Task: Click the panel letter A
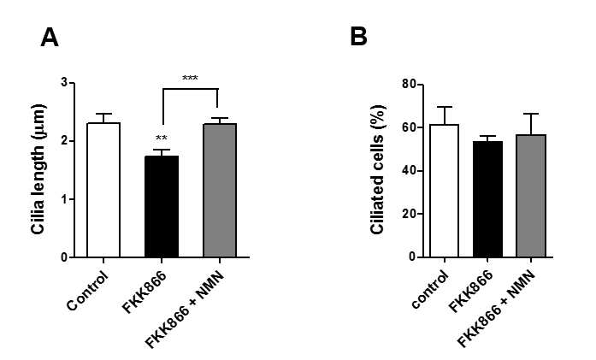pos(50,38)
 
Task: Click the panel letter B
pos(358,37)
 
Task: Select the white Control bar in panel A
pos(103,190)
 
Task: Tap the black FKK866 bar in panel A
pos(162,206)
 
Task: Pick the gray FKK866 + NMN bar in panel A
pos(220,190)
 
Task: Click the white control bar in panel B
pos(444,191)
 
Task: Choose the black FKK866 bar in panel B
pos(487,199)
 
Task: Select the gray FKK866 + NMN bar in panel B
pos(531,196)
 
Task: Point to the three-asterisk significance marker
pos(190,79)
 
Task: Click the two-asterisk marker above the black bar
pos(161,138)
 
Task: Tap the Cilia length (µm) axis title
pos(38,169)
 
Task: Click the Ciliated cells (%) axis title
pos(377,169)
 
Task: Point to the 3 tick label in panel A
pos(64,83)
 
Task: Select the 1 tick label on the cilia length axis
pos(64,199)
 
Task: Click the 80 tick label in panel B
pos(409,84)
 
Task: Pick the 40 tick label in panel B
pos(409,171)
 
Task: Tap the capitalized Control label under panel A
pos(87,291)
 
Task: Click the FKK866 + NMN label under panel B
pos(496,309)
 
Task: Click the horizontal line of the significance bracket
pos(191,89)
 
